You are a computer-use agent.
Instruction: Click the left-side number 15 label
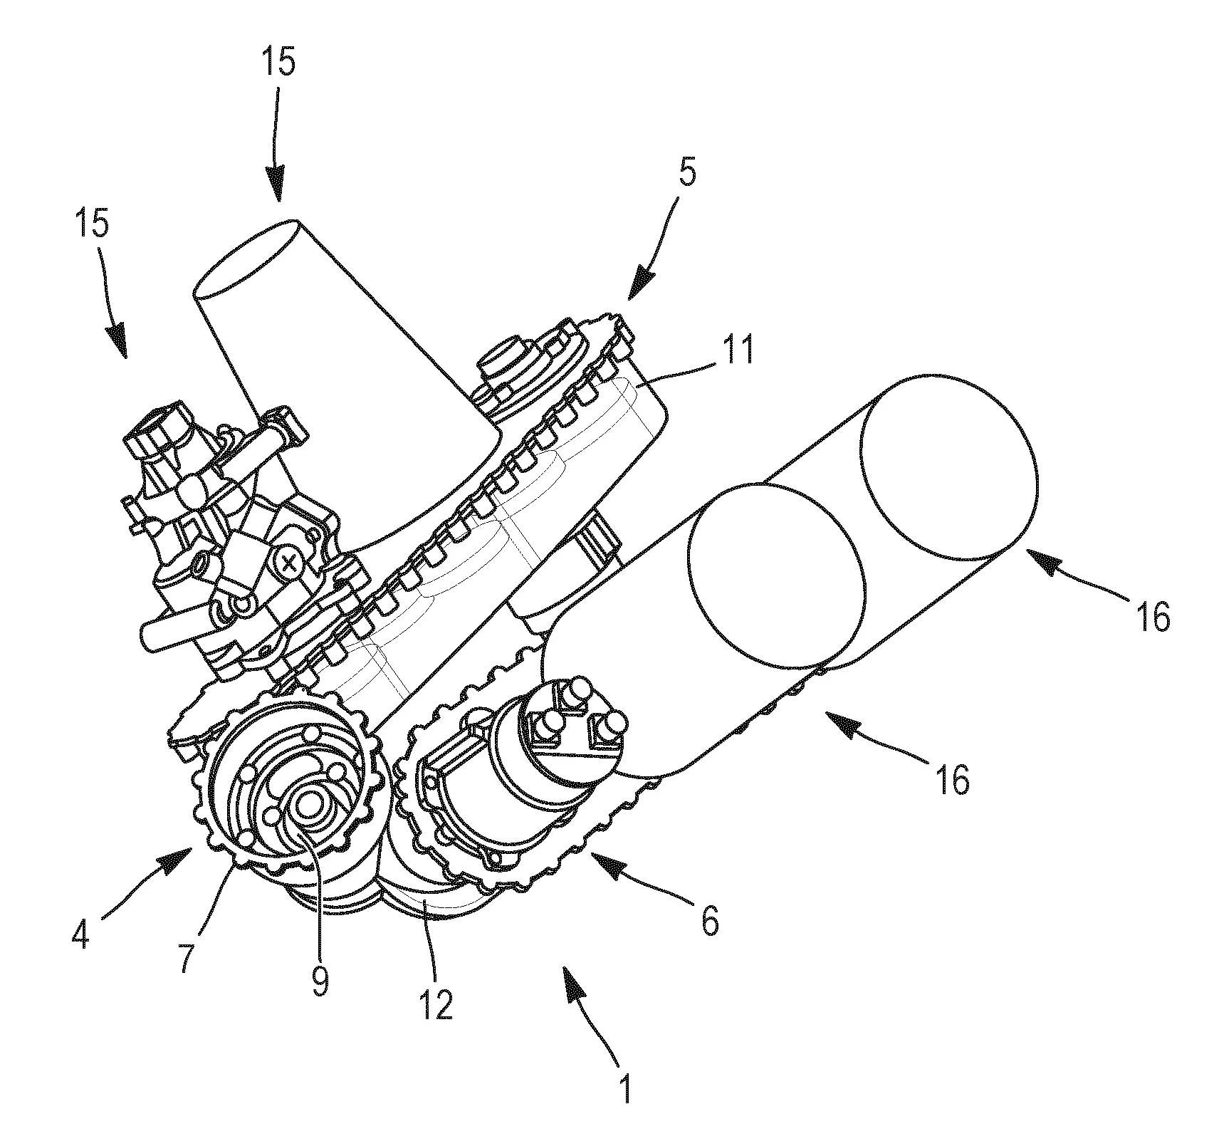tap(90, 224)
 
